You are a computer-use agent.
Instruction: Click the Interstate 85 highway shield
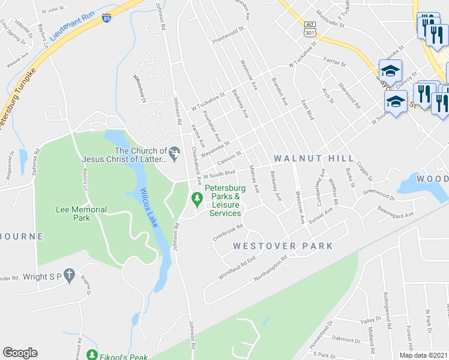[x=106, y=18]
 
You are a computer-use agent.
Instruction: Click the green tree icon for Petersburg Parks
[x=196, y=197]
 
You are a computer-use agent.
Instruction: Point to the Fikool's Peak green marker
[x=92, y=355]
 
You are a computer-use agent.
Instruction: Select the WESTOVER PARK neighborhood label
[x=283, y=246]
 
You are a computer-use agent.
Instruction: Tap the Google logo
[x=20, y=353]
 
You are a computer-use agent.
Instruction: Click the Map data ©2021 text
[x=423, y=355]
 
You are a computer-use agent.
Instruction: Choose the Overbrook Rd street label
[x=228, y=232]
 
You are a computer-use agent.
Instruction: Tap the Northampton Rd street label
[x=272, y=266]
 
